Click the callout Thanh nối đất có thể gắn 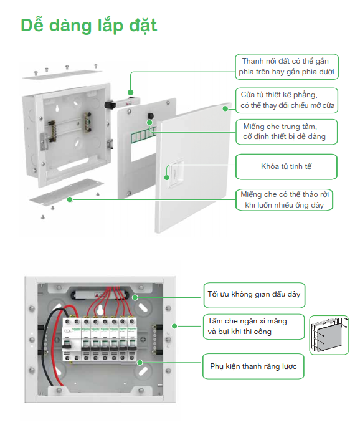click(287, 67)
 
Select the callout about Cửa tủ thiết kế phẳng click(287, 100)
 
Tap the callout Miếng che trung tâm click(287, 131)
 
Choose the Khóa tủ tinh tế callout click(287, 166)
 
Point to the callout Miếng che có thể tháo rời click(285, 200)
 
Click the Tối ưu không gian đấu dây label click(254, 295)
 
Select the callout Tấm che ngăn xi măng click(254, 327)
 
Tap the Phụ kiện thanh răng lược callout click(253, 366)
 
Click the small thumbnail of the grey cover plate click(329, 335)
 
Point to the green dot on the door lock click(167, 178)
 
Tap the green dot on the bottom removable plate click(70, 199)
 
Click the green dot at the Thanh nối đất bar click(131, 92)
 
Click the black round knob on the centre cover click(150, 116)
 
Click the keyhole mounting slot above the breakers click(100, 310)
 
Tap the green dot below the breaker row click(140, 363)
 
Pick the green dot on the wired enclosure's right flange click(174, 326)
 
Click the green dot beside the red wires click(135, 298)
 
